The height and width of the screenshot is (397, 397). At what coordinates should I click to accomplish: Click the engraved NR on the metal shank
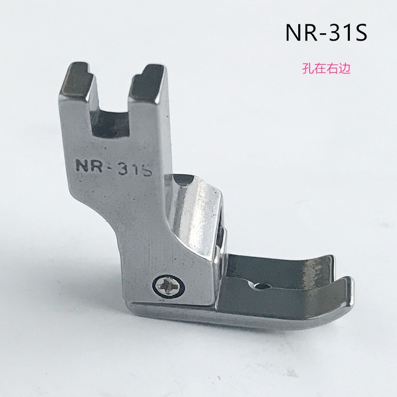coord(89,166)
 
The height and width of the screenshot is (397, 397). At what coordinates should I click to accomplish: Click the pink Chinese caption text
coord(326,68)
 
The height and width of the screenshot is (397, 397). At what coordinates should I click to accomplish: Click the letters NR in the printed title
coord(302,33)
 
